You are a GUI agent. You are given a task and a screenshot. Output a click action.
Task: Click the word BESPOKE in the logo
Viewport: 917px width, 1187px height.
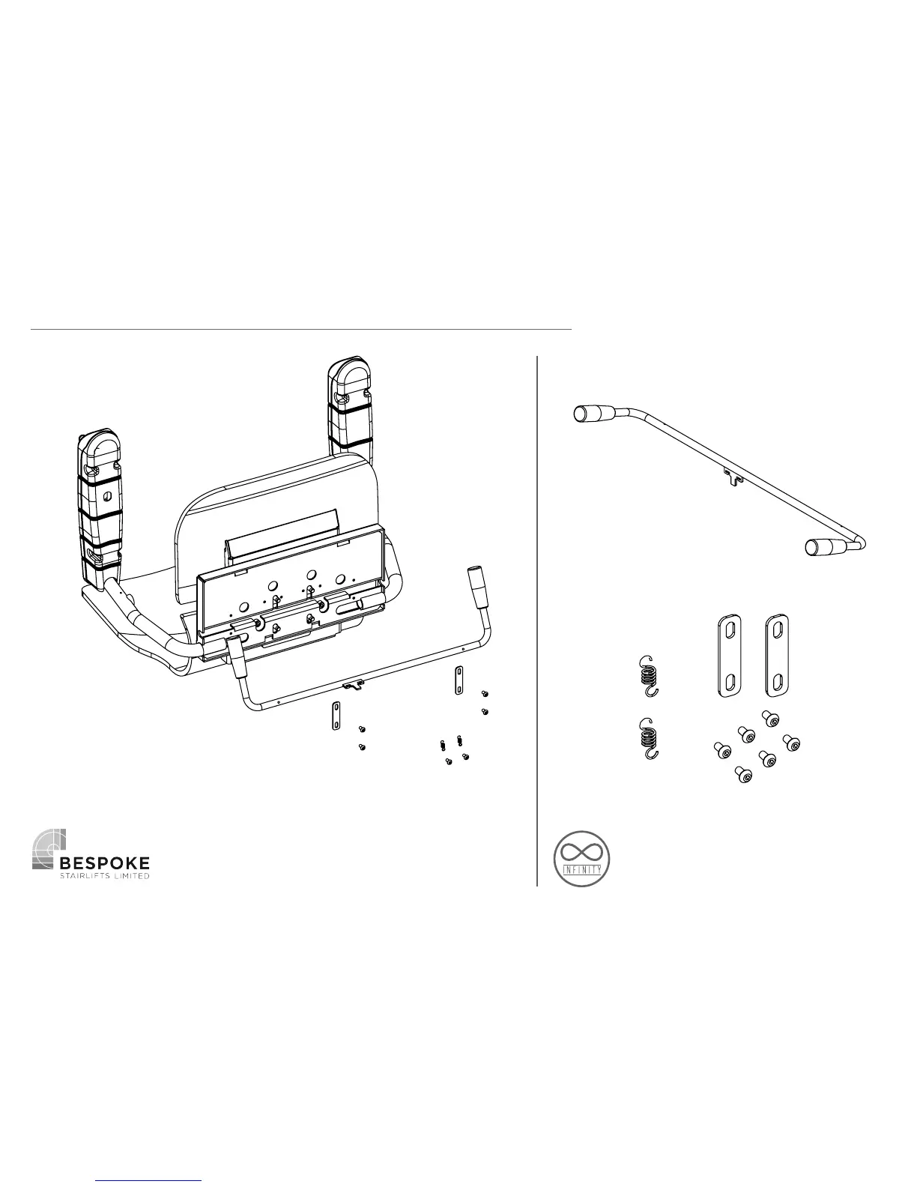(105, 863)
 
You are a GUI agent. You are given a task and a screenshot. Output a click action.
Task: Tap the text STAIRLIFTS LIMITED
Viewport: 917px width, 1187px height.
(105, 876)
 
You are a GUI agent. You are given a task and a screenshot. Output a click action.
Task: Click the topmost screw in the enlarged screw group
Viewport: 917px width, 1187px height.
(768, 718)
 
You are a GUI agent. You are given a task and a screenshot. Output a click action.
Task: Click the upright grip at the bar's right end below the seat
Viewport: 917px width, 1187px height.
(476, 582)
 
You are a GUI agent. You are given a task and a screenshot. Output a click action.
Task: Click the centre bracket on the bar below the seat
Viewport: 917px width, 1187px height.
(352, 684)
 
